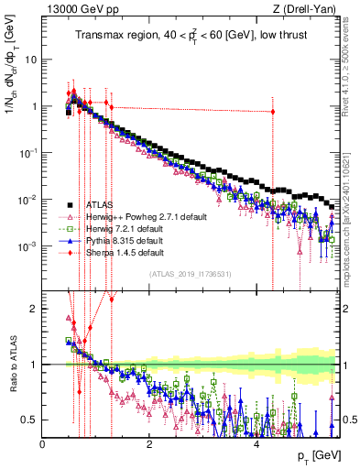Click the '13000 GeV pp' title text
pos(73,9)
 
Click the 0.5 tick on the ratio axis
pos(30,420)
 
